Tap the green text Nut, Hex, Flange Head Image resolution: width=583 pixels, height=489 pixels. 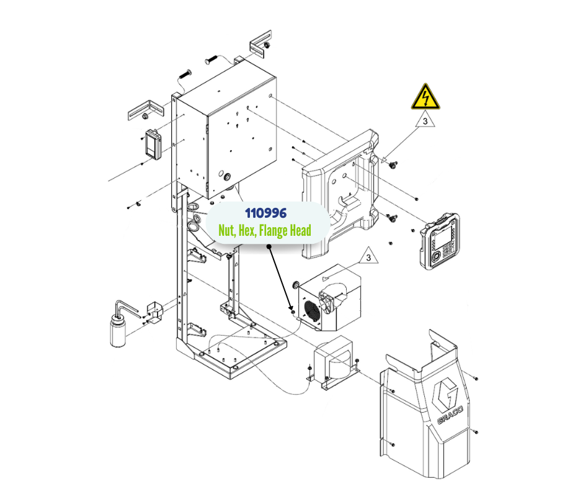pos(265,230)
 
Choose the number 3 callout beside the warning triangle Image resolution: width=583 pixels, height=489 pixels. pos(425,122)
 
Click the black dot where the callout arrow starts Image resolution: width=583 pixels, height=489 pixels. pos(270,246)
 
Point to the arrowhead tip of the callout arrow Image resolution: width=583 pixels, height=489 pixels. pos(291,308)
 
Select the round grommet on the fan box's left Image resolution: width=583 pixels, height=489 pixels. pos(296,284)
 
